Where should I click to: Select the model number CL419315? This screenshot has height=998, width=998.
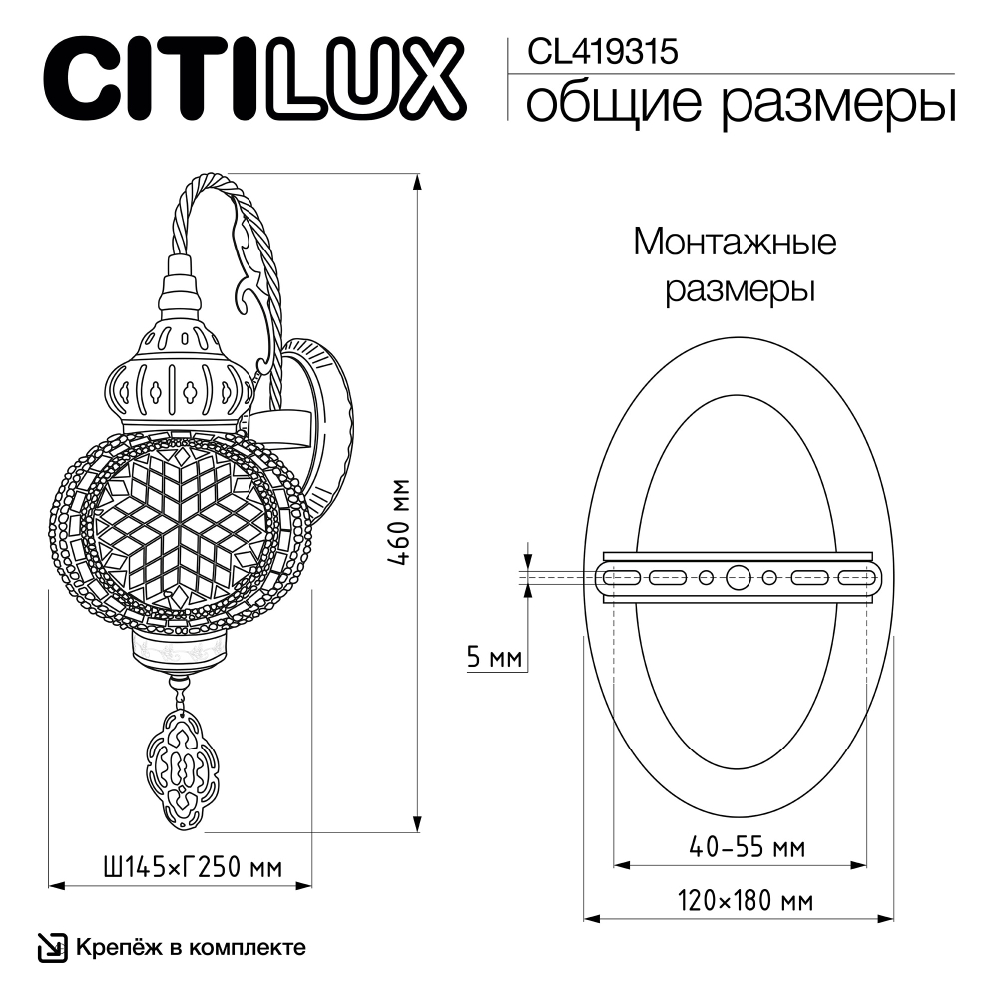[595, 51]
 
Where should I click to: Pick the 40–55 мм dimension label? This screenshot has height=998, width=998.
[748, 847]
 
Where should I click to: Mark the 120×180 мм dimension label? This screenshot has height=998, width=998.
[746, 901]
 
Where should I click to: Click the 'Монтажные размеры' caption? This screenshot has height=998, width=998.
[736, 265]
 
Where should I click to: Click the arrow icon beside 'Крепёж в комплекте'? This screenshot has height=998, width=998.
[51, 947]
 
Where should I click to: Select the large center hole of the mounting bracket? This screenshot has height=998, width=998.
[740, 577]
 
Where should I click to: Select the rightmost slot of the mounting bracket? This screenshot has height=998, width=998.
[857, 577]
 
